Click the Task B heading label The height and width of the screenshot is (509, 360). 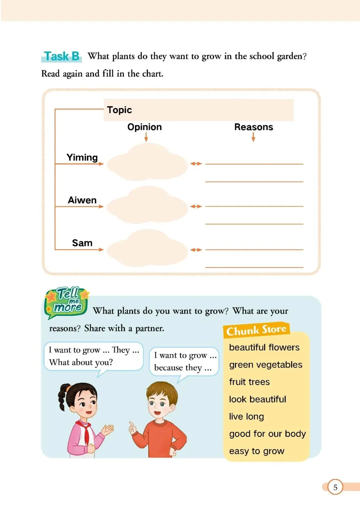pyautogui.click(x=62, y=56)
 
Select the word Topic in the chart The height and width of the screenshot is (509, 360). pyautogui.click(x=119, y=110)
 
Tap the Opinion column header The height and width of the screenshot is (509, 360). pyautogui.click(x=144, y=127)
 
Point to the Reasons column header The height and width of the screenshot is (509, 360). pyautogui.click(x=253, y=127)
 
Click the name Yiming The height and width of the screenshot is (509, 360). pyautogui.click(x=82, y=157)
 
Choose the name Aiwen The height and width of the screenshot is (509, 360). pyautogui.click(x=82, y=200)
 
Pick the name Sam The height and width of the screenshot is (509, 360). pyautogui.click(x=82, y=243)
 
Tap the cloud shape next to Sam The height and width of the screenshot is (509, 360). pyautogui.click(x=147, y=248)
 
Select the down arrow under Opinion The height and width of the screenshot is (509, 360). pyautogui.click(x=146, y=137)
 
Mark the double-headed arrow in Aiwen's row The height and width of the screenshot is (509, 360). pyautogui.click(x=196, y=206)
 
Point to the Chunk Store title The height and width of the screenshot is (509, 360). pyautogui.click(x=256, y=330)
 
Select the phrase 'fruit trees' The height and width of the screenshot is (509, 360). pyautogui.click(x=249, y=382)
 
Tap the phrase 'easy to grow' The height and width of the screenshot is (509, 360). pyautogui.click(x=257, y=451)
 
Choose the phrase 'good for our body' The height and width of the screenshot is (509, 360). pyautogui.click(x=267, y=434)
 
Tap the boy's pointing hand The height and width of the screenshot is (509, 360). pyautogui.click(x=133, y=428)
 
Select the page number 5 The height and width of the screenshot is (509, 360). pyautogui.click(x=335, y=487)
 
